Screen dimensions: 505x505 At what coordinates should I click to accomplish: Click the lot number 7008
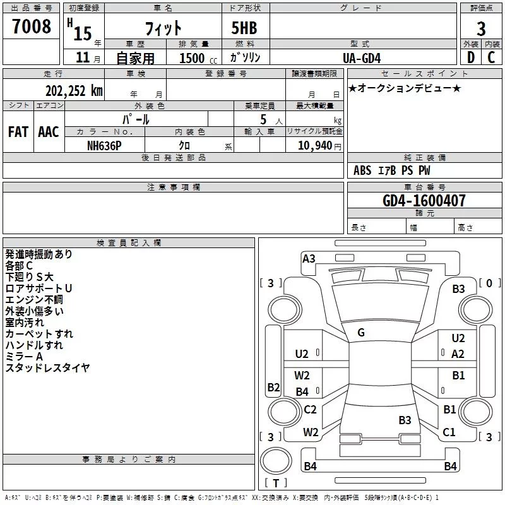click(x=32, y=27)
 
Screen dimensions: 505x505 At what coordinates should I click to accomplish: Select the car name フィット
click(x=163, y=28)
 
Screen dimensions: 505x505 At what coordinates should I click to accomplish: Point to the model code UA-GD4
click(x=362, y=57)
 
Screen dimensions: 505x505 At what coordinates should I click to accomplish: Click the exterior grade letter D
click(x=470, y=57)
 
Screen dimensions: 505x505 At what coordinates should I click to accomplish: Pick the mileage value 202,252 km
click(x=74, y=90)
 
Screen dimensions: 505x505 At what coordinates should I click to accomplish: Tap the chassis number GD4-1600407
click(x=424, y=201)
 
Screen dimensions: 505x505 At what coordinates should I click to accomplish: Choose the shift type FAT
click(x=18, y=132)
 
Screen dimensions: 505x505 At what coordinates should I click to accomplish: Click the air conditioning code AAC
click(x=49, y=132)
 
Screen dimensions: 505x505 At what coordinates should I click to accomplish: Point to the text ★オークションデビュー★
click(x=404, y=88)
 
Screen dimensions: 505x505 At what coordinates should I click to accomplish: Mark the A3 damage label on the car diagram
click(x=309, y=258)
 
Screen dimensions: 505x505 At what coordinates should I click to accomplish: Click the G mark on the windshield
click(x=361, y=332)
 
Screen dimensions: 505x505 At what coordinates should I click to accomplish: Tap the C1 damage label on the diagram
click(x=449, y=432)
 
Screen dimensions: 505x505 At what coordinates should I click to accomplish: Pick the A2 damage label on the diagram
click(x=458, y=354)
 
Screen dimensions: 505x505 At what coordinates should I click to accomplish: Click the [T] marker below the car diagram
click(x=276, y=483)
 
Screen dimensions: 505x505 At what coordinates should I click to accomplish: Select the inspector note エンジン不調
click(x=34, y=299)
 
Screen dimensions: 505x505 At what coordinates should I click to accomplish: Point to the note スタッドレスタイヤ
click(x=47, y=367)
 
